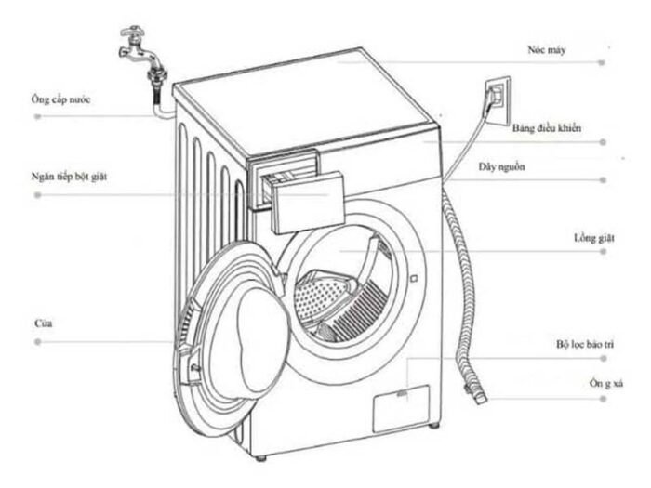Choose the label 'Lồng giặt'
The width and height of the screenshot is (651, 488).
click(x=595, y=238)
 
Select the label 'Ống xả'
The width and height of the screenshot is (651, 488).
click(x=604, y=384)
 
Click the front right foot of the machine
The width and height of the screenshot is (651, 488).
click(x=435, y=426)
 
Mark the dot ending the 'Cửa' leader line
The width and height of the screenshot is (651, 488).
click(x=38, y=343)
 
